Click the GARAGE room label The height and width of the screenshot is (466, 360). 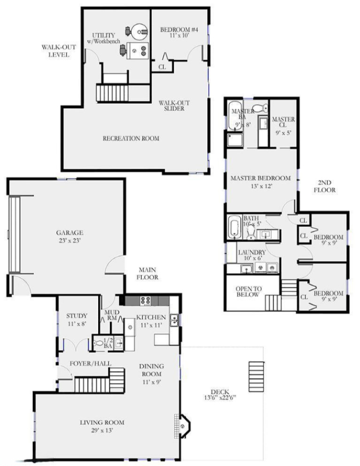point(69,233)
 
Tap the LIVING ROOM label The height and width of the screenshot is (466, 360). point(102,422)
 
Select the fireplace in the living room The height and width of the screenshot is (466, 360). point(182,426)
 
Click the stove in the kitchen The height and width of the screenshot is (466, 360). point(146,301)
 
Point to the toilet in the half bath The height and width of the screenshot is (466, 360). point(98,344)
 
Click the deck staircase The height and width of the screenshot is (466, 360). point(256,377)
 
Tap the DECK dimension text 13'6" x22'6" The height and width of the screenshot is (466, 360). point(220,397)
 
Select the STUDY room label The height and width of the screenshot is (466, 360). point(77,316)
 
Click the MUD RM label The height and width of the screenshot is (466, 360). point(112,315)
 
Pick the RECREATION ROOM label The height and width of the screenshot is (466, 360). point(131,138)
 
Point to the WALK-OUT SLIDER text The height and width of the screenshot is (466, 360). point(174,106)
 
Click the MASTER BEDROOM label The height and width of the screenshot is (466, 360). point(260,178)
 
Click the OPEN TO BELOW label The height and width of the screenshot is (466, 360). point(248,291)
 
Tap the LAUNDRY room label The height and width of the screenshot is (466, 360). point(252,252)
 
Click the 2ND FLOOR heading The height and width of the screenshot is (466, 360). point(325,186)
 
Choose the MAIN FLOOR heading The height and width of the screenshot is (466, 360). point(147,274)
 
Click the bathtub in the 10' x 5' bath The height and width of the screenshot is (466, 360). point(235,228)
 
